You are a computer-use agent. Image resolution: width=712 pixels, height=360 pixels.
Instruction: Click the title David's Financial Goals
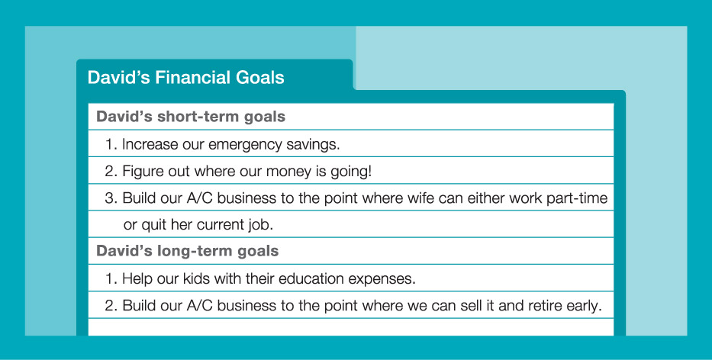185,77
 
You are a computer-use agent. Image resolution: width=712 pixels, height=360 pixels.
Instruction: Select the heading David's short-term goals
191,117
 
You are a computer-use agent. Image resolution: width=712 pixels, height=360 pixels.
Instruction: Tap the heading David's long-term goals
188,251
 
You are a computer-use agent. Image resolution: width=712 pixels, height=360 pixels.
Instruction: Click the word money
288,172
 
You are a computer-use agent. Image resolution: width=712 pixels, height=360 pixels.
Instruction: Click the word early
584,307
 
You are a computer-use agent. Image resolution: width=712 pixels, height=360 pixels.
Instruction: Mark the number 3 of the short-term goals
111,198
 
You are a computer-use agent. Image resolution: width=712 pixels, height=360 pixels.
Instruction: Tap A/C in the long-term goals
199,306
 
